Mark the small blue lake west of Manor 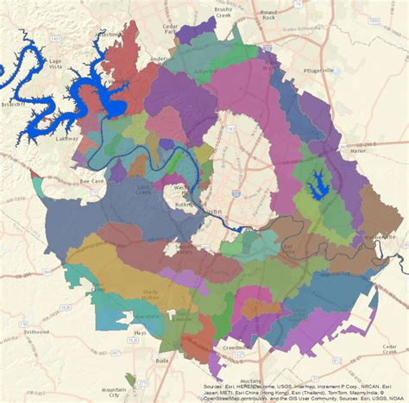coord(319,182)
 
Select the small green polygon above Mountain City coord(129,380)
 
